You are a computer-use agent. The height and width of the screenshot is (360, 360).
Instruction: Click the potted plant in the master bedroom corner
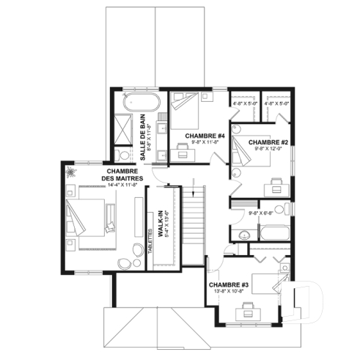tap(73, 172)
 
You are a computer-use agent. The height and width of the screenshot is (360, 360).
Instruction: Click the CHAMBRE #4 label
tap(205, 136)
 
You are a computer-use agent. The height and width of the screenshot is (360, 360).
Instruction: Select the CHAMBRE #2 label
tap(266, 142)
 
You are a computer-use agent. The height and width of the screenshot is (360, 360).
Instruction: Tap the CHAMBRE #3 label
tap(229, 284)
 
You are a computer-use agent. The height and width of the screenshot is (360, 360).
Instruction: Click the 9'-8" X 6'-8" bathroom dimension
tap(262, 213)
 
